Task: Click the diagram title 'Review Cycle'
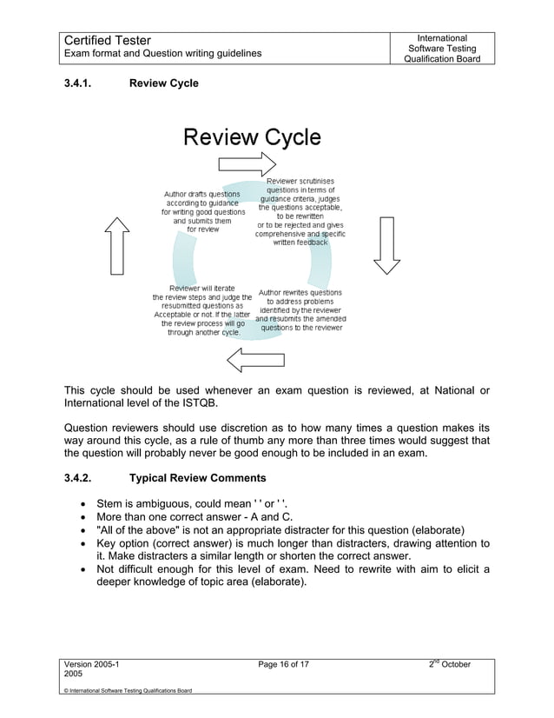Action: point(250,137)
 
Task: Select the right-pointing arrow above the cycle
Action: point(247,164)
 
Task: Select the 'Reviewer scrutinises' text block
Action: point(300,211)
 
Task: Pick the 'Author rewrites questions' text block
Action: point(300,310)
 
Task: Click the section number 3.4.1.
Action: point(82,83)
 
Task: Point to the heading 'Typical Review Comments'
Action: point(196,477)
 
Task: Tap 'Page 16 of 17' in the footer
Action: point(277,665)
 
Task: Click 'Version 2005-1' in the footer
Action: point(91,665)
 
